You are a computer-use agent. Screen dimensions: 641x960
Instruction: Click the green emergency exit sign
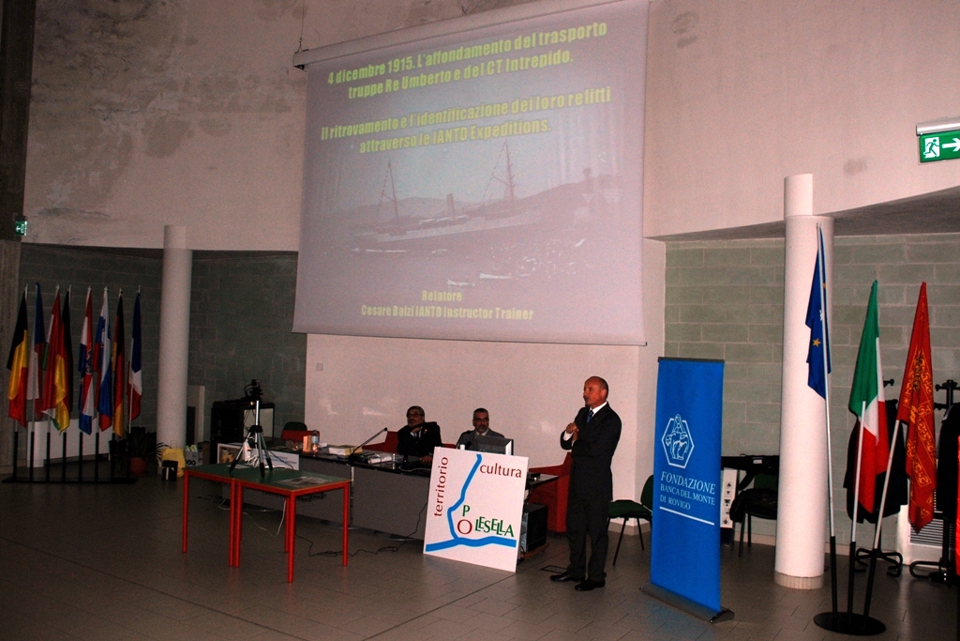938,145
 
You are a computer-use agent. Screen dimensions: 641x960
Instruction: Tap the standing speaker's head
594,390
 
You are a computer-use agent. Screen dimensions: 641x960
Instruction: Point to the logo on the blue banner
678,440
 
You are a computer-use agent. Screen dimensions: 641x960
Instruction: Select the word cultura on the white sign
500,469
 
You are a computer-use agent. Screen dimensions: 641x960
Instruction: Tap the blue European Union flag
817,319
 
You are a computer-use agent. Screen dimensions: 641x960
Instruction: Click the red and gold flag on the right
917,404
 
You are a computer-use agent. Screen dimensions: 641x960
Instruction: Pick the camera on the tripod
253,390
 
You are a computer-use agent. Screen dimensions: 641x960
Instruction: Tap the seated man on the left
416,434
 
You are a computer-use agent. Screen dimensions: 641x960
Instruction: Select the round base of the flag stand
848,622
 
